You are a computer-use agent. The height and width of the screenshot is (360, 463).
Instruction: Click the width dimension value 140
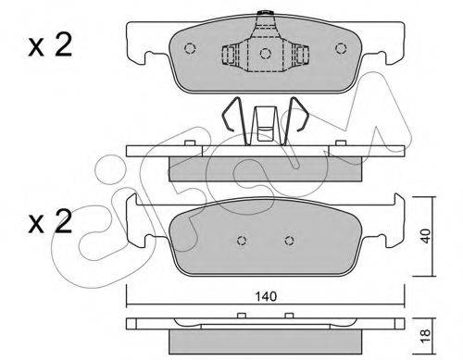tap(266, 296)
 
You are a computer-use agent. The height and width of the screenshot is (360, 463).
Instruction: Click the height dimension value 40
tap(426, 236)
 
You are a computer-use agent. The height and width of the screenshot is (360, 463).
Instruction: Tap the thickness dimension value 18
tap(426, 335)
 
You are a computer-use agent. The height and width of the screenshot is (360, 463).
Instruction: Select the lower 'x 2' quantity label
tap(50, 221)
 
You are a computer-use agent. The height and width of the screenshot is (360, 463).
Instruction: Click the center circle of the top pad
tap(265, 54)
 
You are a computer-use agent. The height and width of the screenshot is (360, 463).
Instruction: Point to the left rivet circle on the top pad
tap(190, 48)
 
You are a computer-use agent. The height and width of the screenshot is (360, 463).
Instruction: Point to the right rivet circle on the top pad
tap(341, 48)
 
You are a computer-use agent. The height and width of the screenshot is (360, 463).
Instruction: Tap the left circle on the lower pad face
tap(242, 240)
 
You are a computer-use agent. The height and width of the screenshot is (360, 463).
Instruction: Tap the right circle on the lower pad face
tap(289, 240)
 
